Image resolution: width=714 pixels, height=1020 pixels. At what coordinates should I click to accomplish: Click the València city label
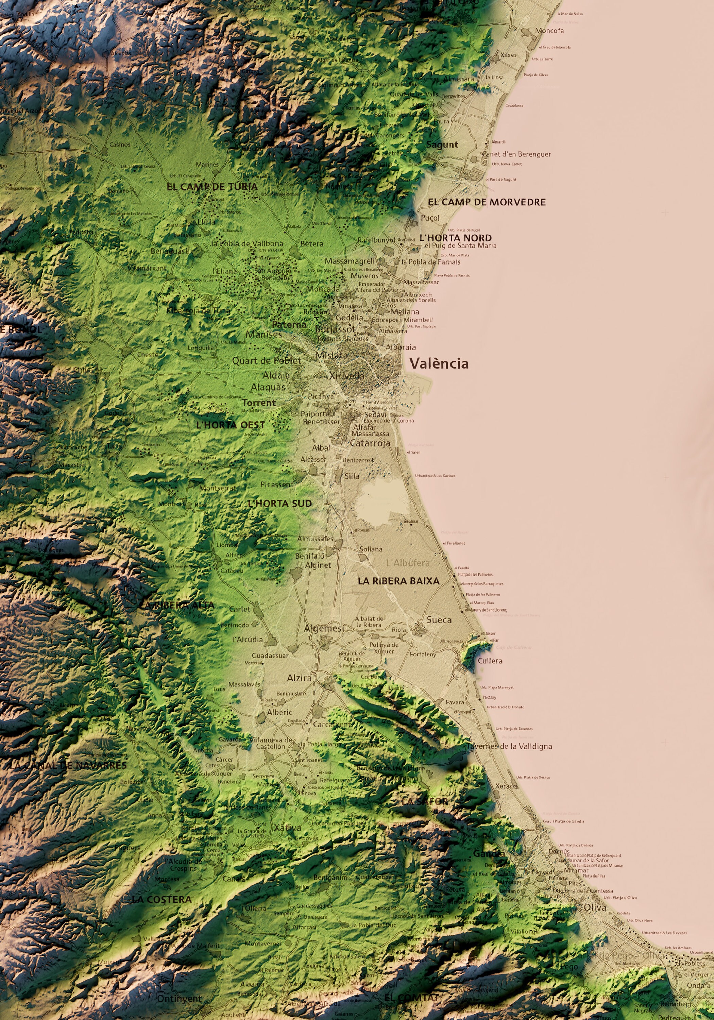point(439,364)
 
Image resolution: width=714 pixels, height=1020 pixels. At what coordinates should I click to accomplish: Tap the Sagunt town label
point(442,144)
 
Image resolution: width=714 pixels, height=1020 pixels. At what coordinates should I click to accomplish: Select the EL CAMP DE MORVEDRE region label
point(487,202)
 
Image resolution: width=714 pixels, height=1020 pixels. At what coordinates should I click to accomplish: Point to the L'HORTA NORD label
point(455,238)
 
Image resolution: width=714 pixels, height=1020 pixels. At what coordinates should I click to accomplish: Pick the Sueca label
point(439,620)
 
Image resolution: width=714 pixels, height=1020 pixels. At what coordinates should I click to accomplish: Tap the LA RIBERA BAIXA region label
point(398,581)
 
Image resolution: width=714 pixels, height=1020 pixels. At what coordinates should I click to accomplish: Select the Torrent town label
point(259,403)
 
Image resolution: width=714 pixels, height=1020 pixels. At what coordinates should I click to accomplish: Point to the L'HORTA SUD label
point(279,503)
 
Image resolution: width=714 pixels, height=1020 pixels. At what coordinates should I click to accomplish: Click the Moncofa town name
point(549,31)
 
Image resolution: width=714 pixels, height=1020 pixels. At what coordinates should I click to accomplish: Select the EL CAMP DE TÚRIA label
point(212,187)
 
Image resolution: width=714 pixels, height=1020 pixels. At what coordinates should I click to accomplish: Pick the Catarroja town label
point(370,443)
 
